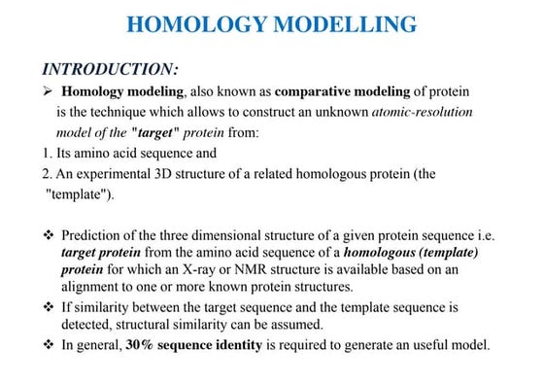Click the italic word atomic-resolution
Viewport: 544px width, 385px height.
pos(422,112)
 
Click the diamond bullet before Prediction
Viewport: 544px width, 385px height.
pos(49,236)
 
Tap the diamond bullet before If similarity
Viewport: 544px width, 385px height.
pos(49,307)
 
